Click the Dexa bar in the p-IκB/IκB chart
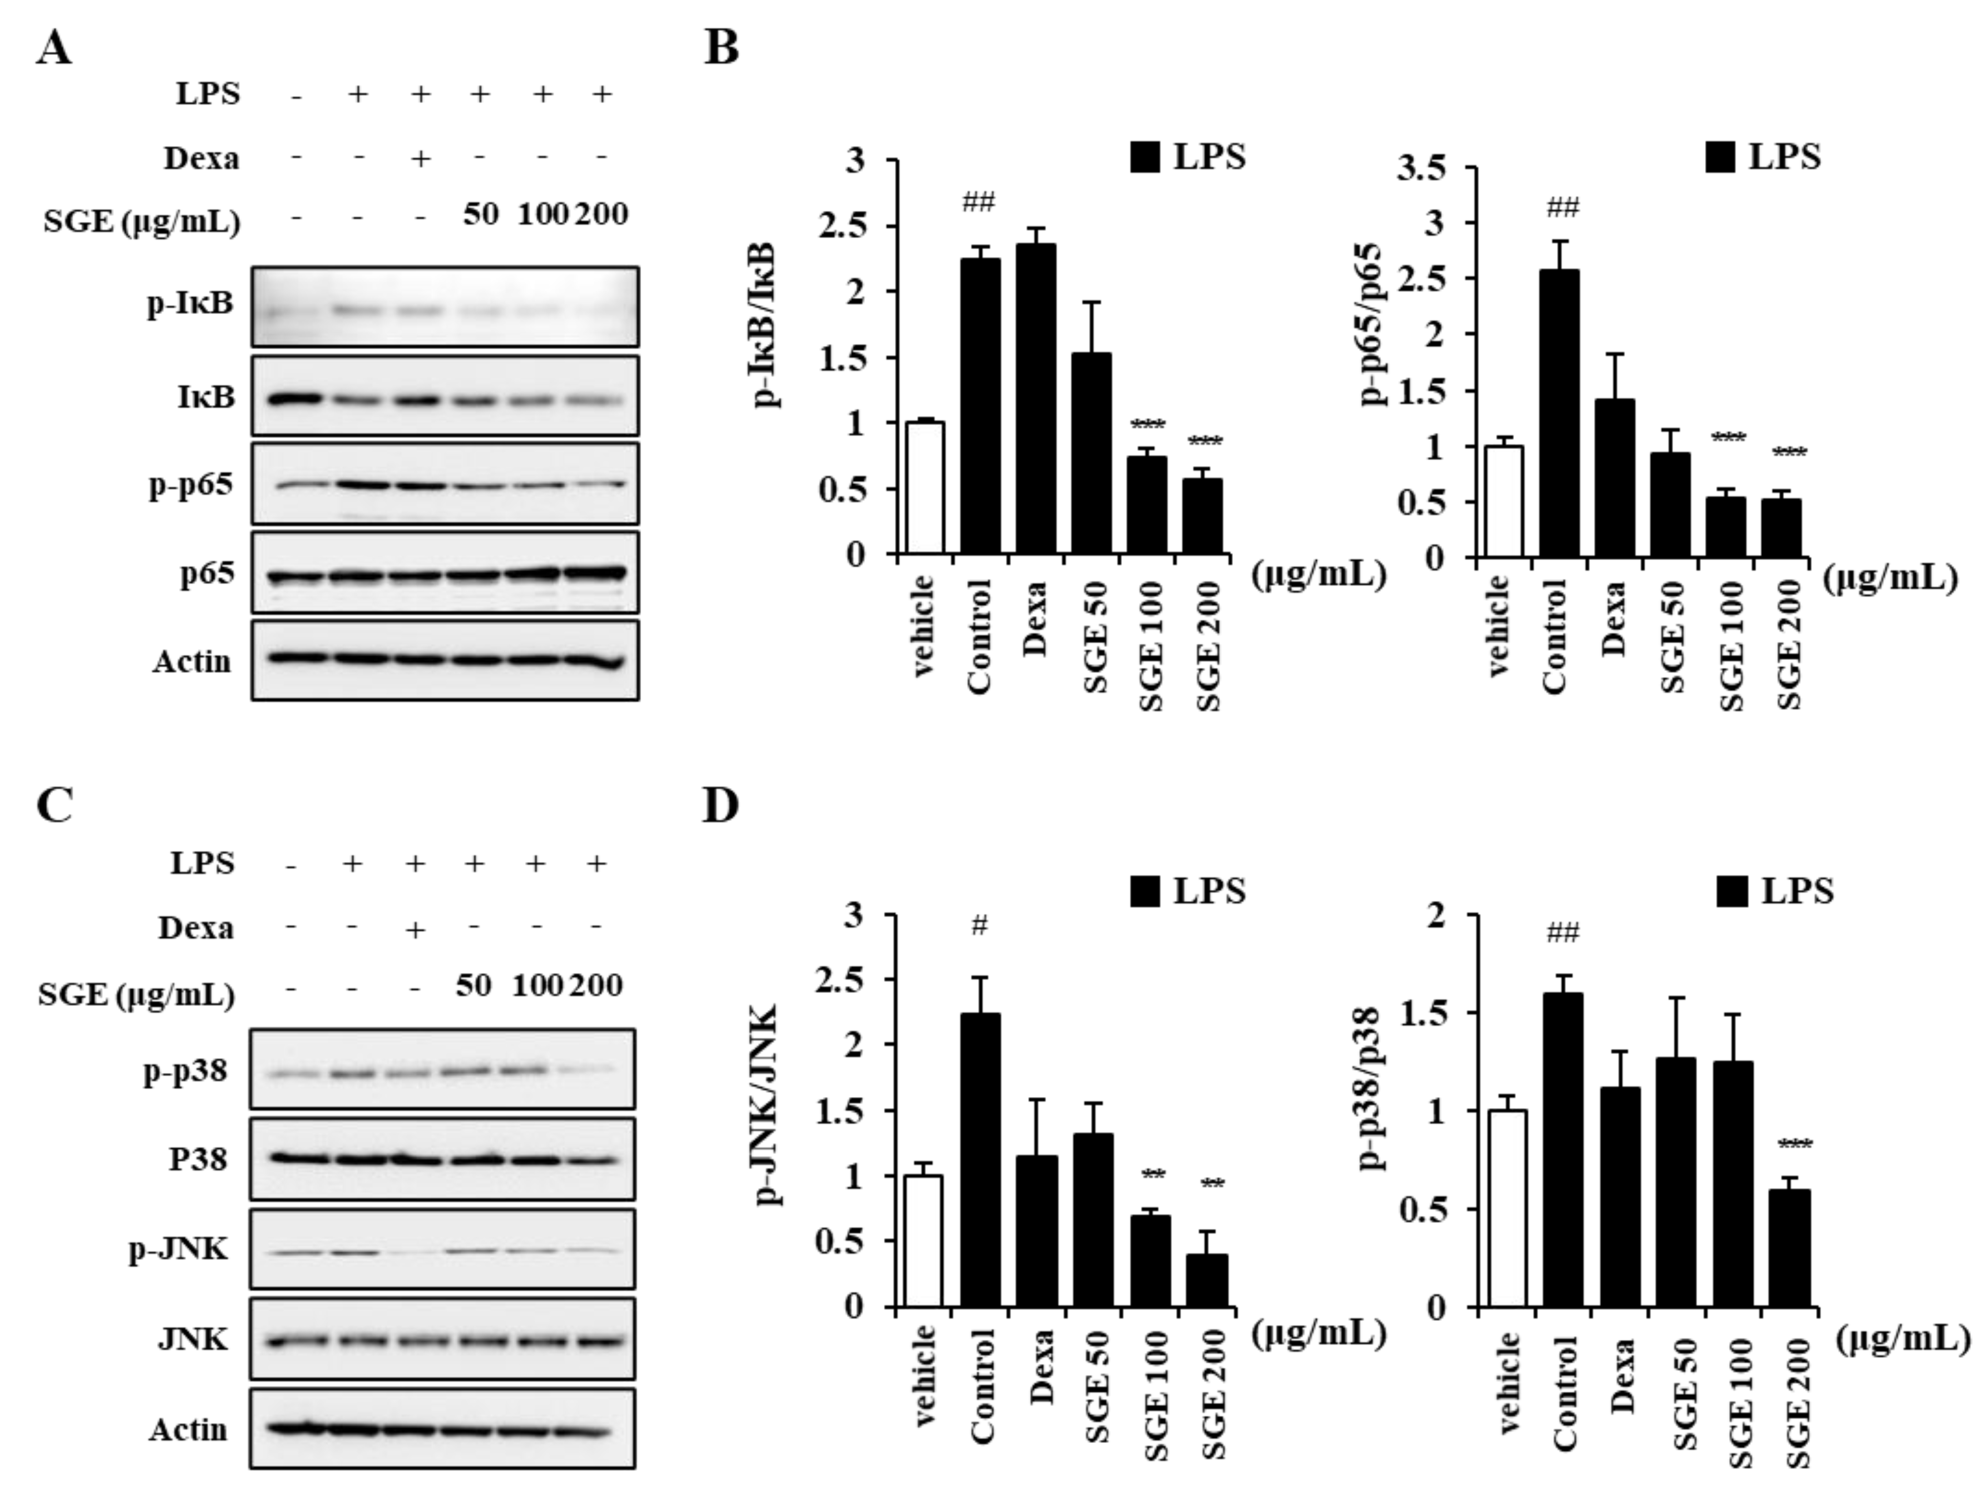[1037, 399]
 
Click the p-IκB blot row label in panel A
[191, 304]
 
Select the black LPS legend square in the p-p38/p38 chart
[1734, 891]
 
